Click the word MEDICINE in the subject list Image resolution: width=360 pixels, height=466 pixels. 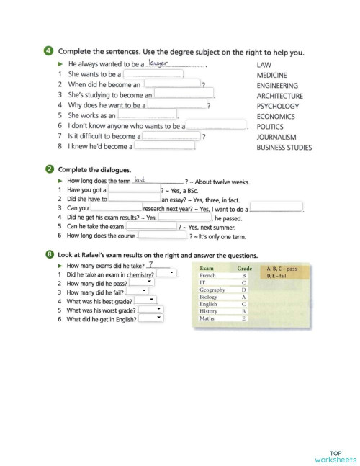[x=271, y=75]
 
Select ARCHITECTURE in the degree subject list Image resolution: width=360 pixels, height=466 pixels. [x=279, y=96]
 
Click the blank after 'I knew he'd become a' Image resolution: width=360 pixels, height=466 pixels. [x=164, y=146]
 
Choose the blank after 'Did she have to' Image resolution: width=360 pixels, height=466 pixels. [x=135, y=199]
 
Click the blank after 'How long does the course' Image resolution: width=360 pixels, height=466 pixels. [x=161, y=235]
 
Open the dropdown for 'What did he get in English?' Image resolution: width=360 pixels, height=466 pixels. [x=150, y=318]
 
